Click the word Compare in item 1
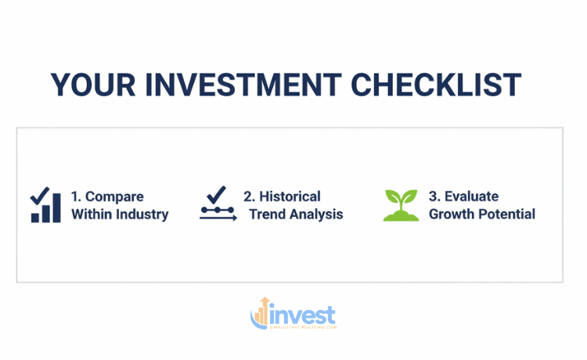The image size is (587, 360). point(114,196)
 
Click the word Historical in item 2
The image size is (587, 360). point(289,196)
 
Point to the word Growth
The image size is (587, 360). point(450,214)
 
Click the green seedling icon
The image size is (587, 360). point(401,205)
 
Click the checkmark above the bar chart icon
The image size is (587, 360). point(40,195)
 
